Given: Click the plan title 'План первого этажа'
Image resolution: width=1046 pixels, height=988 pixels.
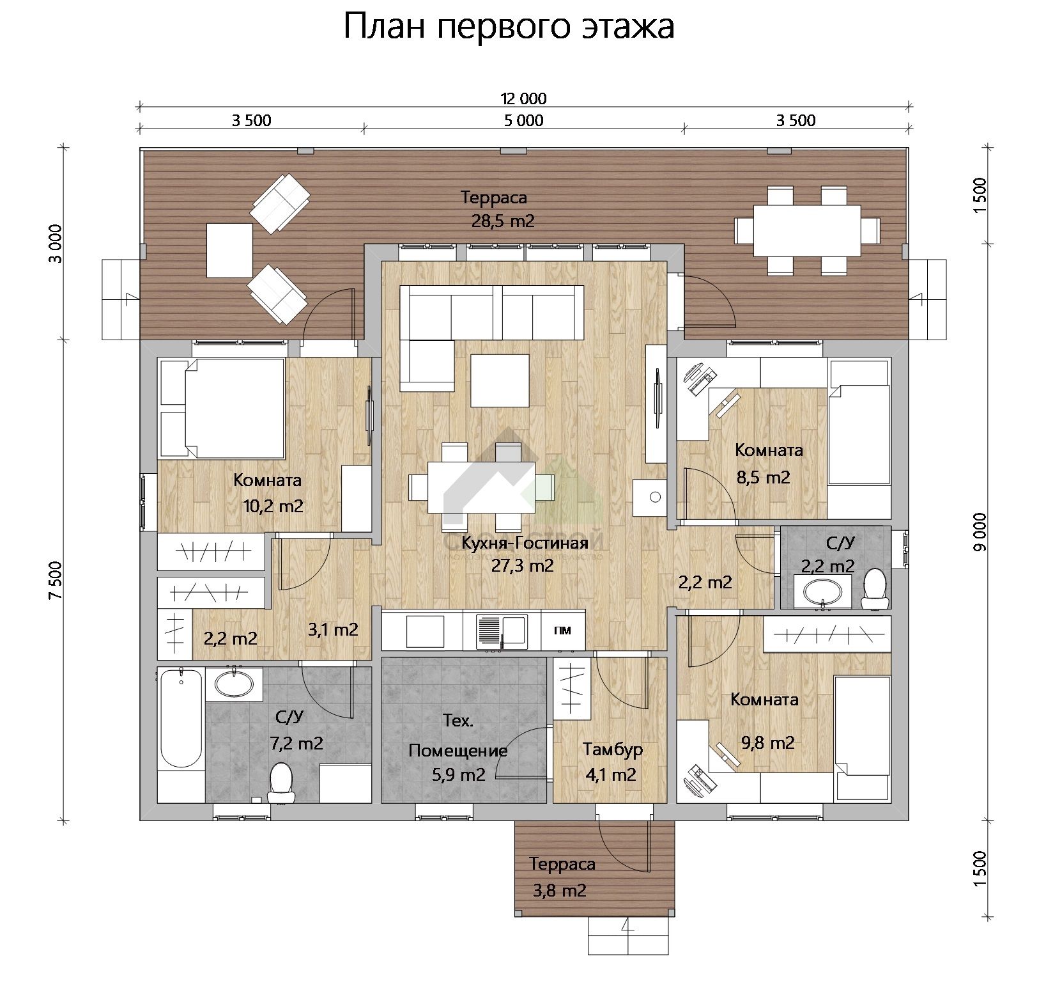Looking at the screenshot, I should coord(509,27).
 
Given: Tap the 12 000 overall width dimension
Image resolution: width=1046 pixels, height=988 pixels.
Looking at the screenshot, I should coord(523,98).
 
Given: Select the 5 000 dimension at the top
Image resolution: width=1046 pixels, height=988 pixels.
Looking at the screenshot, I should coord(523,120).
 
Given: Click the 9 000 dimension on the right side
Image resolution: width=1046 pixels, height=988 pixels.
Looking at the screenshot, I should coord(982,531).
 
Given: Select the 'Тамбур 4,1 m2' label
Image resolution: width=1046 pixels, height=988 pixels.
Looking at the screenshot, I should coord(612,762).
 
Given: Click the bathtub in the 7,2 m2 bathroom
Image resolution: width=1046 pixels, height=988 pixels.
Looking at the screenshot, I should coord(180,719).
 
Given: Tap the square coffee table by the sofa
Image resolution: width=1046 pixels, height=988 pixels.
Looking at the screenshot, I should coord(500,380).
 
